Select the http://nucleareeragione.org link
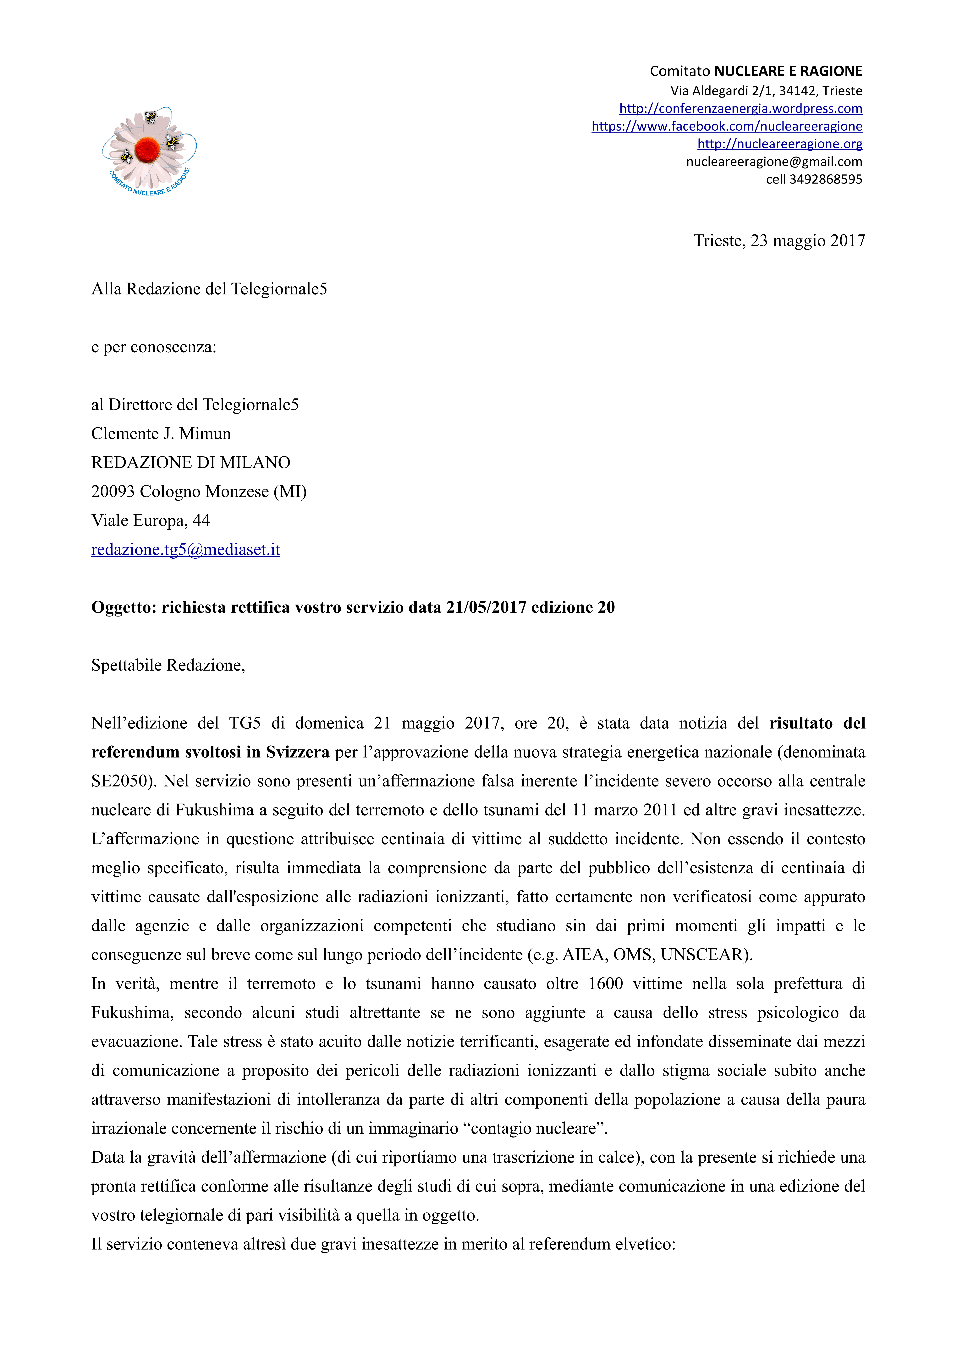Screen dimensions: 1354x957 click(779, 144)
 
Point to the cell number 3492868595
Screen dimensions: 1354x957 click(825, 179)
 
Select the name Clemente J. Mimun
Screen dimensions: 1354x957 click(161, 433)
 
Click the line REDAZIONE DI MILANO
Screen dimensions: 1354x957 click(190, 462)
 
